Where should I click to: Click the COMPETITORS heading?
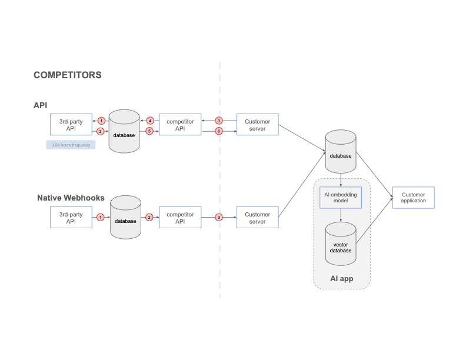pos(68,75)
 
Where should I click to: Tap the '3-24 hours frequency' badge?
pos(71,144)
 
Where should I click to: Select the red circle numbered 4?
pos(149,121)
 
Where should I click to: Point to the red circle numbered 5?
pos(149,131)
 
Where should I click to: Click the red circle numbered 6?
pos(219,131)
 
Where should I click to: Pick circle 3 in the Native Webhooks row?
pos(219,217)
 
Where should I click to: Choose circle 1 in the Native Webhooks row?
pos(101,217)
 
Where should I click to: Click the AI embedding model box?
pos(341,197)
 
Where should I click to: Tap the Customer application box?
pos(413,198)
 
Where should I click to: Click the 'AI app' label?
pos(341,278)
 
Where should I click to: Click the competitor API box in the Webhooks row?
pos(180,218)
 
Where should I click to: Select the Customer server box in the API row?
pos(257,125)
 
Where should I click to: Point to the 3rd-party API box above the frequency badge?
pos(71,125)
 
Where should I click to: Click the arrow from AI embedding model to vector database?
pos(341,215)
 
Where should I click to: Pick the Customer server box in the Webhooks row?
pos(257,218)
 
